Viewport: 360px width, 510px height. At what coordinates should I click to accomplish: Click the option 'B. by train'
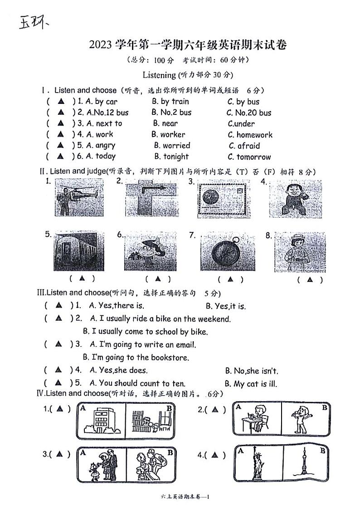[x=170, y=101]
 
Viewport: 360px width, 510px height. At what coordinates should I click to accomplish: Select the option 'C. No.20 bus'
[x=249, y=113]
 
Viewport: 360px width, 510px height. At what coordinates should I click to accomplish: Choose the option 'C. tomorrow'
[x=249, y=157]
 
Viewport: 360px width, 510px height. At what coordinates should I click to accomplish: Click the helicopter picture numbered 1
[x=79, y=197]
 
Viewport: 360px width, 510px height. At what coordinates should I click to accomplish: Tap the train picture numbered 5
[x=79, y=251]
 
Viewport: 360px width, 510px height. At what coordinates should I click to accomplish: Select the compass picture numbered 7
[x=223, y=251]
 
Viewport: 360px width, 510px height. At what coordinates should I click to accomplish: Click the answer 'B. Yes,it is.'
[x=225, y=306]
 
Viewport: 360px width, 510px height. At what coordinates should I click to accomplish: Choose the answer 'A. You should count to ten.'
[x=137, y=383]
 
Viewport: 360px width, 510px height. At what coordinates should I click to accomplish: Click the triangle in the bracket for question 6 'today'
[x=60, y=157]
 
